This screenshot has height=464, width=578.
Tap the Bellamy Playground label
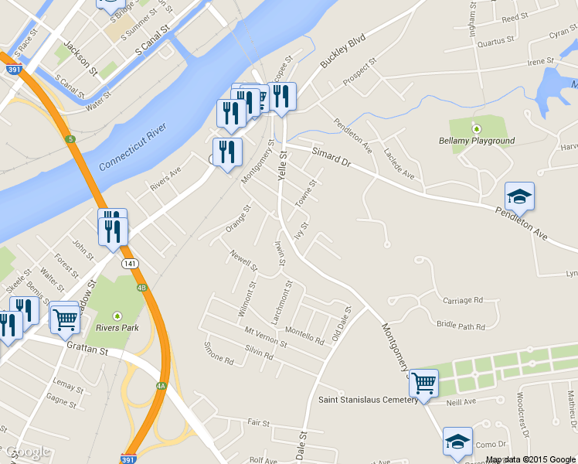[476, 141]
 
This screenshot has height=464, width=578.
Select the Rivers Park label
[117, 327]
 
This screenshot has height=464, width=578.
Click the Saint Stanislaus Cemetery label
[368, 400]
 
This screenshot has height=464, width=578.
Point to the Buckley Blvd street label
[342, 53]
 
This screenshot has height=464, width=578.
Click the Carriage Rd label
[462, 300]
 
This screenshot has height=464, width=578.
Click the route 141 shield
[129, 264]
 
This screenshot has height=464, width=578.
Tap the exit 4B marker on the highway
[141, 288]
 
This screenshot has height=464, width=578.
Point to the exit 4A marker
[161, 384]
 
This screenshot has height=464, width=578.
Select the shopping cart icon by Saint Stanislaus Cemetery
[423, 382]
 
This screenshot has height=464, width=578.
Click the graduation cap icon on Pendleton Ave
[519, 197]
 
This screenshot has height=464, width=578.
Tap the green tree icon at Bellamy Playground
[477, 128]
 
